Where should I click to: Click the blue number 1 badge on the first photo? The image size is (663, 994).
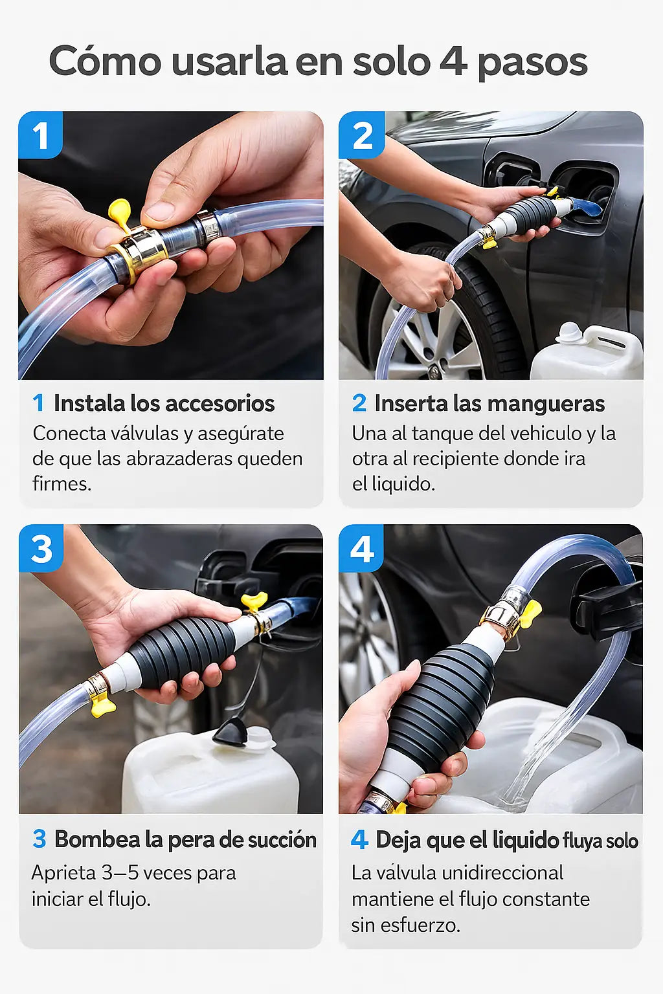[40, 135]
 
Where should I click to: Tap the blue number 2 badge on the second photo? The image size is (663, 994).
[361, 135]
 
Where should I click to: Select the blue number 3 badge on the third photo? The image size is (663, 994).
[41, 549]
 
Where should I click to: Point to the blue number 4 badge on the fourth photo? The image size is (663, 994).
[361, 549]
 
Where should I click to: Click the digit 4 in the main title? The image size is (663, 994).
[453, 61]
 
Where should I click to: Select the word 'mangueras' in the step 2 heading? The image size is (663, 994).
[548, 404]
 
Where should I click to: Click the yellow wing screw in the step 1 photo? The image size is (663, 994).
[120, 214]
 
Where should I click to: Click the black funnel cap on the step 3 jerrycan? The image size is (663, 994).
[230, 732]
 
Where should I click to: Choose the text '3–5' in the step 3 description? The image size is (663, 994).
[119, 873]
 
